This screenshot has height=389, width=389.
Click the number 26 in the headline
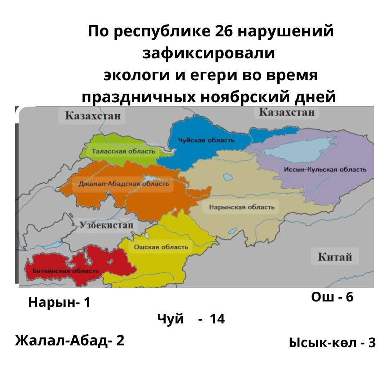click(224, 32)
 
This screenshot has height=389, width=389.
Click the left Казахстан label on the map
click(92, 116)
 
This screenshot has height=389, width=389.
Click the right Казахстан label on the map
click(286, 112)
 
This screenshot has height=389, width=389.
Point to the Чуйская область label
click(206, 140)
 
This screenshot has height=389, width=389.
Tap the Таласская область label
click(123, 151)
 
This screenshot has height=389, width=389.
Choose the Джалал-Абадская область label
click(124, 184)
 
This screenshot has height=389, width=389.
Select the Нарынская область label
click(242, 207)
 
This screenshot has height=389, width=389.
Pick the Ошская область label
click(161, 247)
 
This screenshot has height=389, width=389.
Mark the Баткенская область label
click(66, 271)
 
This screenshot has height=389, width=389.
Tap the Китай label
click(335, 257)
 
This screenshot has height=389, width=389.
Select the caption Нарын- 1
click(59, 303)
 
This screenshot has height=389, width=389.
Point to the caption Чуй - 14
click(191, 319)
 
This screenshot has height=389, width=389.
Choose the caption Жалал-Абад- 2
click(70, 340)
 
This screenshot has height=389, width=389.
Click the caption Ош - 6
click(332, 297)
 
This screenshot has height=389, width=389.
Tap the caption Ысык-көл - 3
click(332, 343)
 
